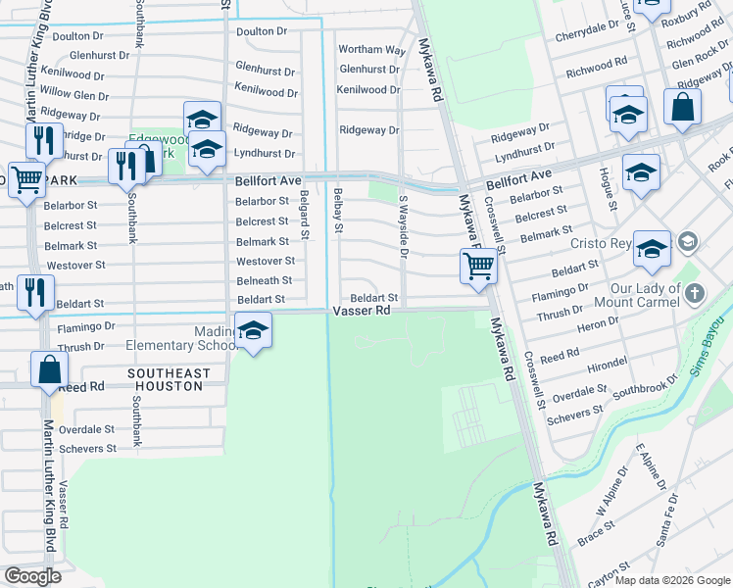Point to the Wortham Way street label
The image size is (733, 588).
coord(371,50)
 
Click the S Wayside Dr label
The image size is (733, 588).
coord(402,226)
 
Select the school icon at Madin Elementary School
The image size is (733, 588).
coord(254,333)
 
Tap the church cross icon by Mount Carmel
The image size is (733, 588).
coord(694,294)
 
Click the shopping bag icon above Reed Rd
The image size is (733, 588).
coord(49,370)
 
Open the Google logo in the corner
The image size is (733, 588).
coord(32,575)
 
